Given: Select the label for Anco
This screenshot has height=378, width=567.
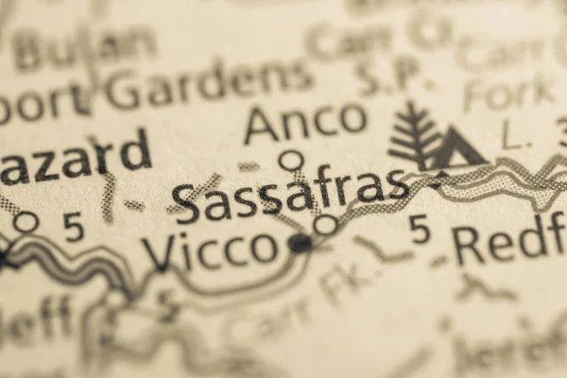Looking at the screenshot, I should coord(304,120).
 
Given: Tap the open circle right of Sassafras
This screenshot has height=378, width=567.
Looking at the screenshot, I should coord(325,225).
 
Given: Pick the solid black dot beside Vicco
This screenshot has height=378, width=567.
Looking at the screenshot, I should coord(300,244).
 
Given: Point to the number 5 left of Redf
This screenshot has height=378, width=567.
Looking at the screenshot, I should coord(421,229).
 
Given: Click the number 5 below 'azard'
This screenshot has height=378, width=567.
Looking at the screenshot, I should coord(73,225).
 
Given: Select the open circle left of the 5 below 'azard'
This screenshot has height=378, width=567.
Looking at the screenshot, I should coord(26,222).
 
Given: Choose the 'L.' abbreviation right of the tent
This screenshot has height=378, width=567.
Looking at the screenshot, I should coord(516,138).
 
